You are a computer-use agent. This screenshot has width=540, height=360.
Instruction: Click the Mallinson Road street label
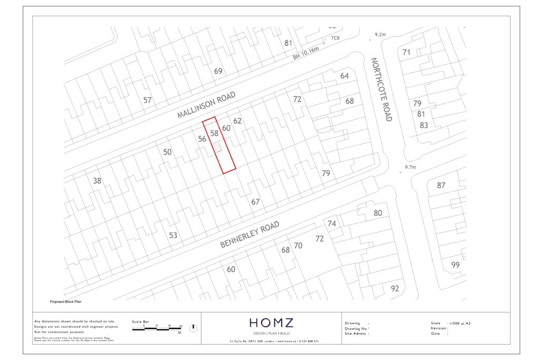206,105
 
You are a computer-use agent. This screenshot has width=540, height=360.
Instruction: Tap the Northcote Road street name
381,90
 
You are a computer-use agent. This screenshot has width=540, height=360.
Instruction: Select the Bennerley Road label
249,235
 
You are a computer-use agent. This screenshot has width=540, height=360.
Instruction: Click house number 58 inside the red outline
214,133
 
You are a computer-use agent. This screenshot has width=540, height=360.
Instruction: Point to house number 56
201,139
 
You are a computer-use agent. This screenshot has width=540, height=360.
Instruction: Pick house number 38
97,181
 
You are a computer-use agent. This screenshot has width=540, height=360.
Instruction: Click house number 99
456,265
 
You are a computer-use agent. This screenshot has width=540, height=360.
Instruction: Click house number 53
173,235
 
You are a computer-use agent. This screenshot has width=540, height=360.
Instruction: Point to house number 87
441,186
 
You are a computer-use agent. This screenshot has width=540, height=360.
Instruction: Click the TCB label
335,38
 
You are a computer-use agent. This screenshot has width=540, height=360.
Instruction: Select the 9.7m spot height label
411,167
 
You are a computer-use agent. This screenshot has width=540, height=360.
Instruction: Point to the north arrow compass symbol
193,328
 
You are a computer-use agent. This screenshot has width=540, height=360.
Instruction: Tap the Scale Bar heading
141,321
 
